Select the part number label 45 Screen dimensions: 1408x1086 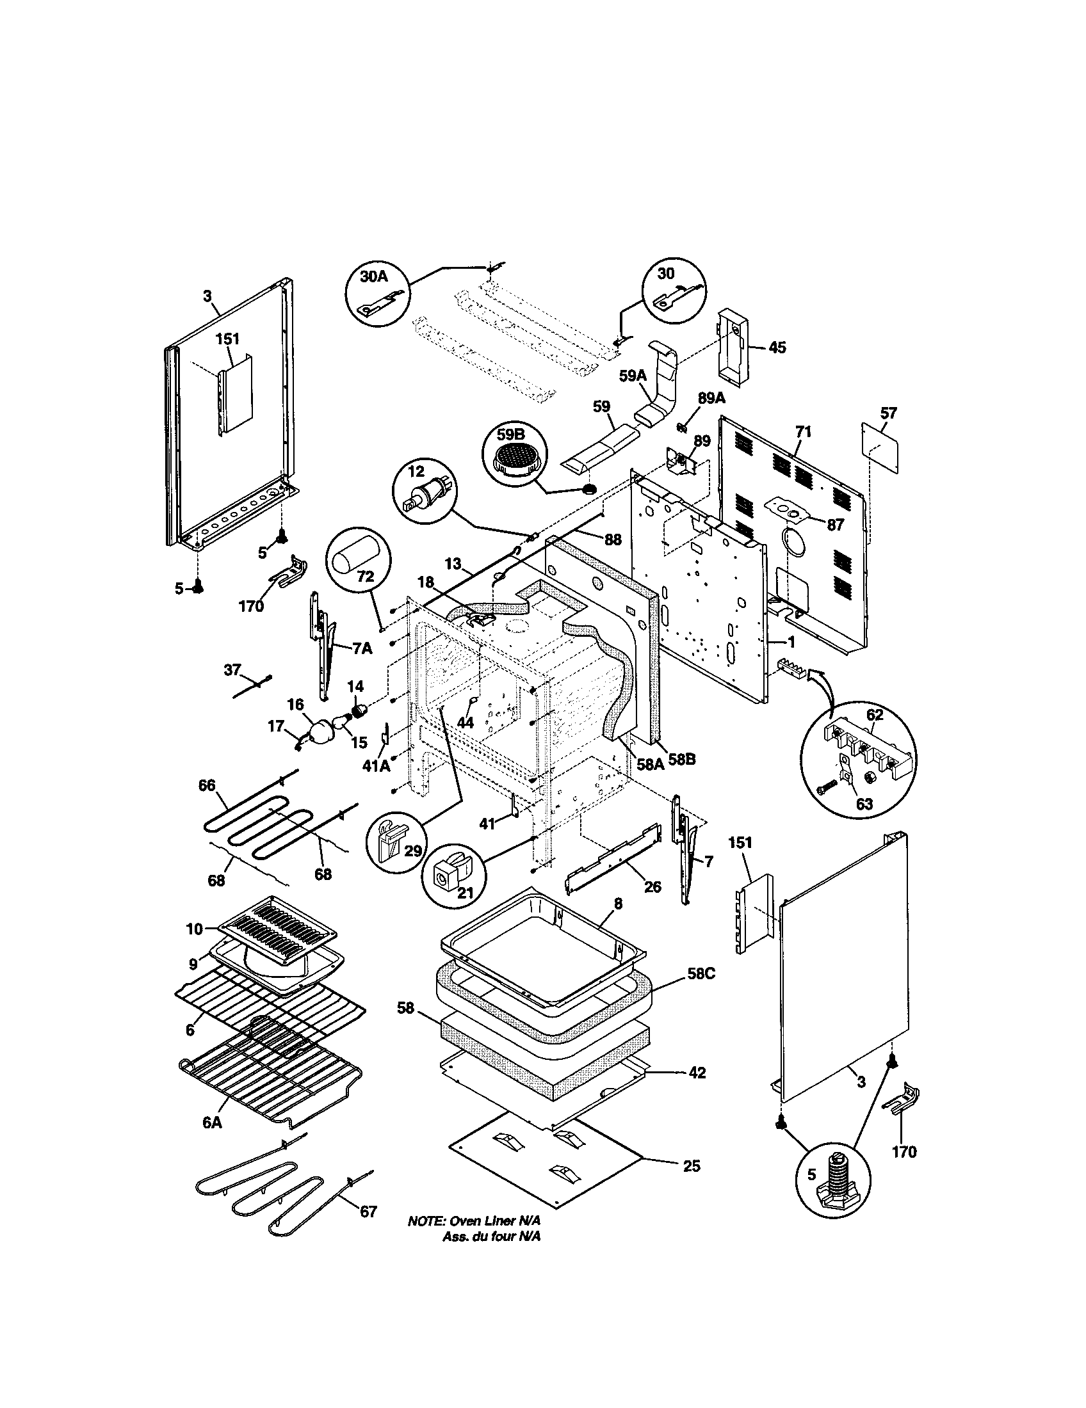pos(777,348)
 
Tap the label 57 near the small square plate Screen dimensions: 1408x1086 pos(888,413)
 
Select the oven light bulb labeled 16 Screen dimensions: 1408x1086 pos(321,731)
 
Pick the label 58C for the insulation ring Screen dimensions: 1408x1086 pos(701,991)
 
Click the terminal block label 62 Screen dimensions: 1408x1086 pos(875,715)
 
